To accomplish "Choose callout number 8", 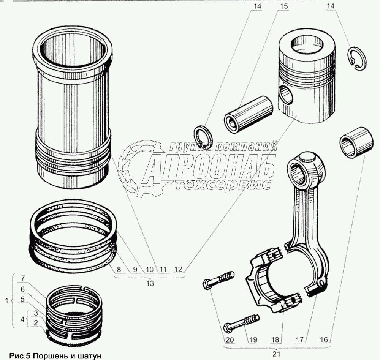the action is coord(119,270).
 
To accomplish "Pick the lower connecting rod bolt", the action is coord(241,322).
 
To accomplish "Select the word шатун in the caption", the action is coord(85,355).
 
